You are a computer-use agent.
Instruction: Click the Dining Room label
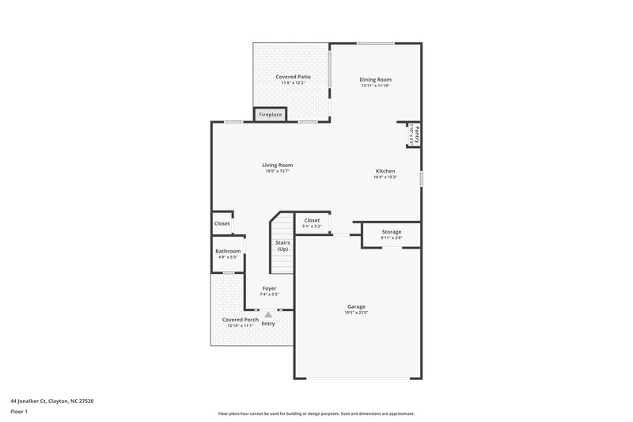point(375,79)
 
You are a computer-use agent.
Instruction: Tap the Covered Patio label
point(292,77)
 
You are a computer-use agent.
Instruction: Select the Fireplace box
point(271,115)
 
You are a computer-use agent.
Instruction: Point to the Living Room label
point(277,165)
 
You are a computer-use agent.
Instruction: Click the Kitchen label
point(385,171)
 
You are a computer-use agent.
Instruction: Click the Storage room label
point(391,232)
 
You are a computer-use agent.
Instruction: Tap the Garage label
point(356,306)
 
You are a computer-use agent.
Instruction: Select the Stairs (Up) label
point(282,245)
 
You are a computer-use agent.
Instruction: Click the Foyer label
point(269,288)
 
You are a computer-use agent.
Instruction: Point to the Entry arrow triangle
point(268,314)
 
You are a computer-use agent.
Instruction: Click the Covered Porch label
point(240,320)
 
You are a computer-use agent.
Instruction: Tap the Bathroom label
point(228,251)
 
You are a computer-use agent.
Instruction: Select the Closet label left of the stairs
point(222,223)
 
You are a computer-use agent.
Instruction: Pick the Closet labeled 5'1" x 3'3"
point(312,220)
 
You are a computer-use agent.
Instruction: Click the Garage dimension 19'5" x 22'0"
point(356,313)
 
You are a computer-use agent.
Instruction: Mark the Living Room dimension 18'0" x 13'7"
point(277,171)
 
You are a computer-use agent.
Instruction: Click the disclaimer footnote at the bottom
point(316,413)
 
